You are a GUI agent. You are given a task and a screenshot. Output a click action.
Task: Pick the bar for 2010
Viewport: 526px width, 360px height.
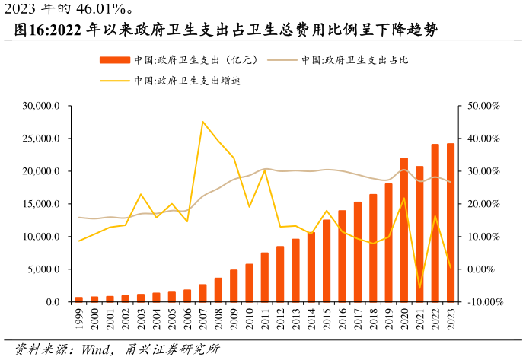click(249, 282)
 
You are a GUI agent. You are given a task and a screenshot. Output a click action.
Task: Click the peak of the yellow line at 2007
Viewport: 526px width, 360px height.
click(202, 122)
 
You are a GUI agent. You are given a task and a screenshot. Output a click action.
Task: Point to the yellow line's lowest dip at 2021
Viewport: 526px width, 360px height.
click(419, 288)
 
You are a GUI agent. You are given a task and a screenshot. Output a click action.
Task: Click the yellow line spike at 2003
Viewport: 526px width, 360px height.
click(141, 194)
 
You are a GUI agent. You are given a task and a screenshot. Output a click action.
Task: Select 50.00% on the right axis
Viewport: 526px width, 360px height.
click(483, 106)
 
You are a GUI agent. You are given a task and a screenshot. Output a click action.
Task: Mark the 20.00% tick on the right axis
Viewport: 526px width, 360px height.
click(483, 204)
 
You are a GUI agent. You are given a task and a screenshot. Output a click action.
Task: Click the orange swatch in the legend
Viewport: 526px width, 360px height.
click(114, 60)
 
